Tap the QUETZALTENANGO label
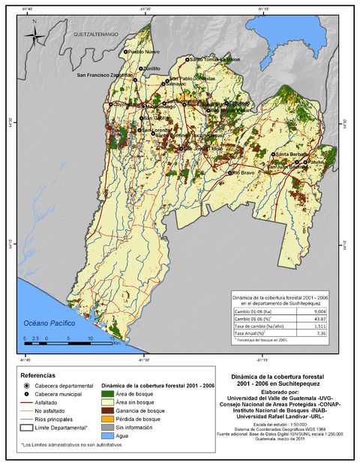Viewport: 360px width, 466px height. (x=96, y=35)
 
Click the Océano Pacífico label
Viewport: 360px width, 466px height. (x=49, y=322)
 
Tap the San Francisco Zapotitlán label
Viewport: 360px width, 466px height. (x=105, y=75)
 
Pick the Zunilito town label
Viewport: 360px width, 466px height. (x=152, y=68)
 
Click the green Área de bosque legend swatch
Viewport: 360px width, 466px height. (x=108, y=393)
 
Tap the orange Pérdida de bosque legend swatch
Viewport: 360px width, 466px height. (x=108, y=418)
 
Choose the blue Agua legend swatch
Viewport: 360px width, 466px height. (x=108, y=434)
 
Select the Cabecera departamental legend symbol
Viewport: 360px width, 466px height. (x=27, y=385)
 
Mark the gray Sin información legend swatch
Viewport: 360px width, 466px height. (x=108, y=426)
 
